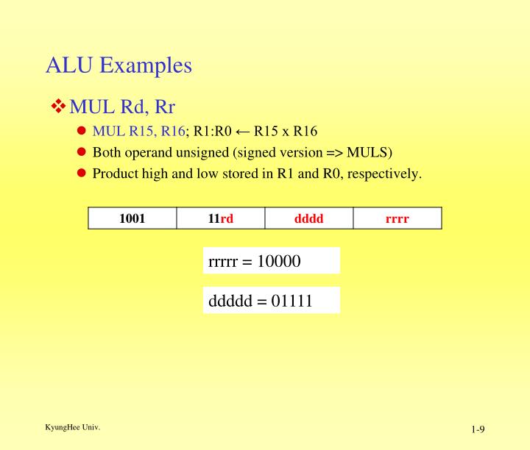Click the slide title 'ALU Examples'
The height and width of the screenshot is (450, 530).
(119, 65)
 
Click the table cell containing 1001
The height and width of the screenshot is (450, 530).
(132, 218)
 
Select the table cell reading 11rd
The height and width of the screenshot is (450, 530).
(221, 218)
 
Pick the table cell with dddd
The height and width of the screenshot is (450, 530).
(308, 218)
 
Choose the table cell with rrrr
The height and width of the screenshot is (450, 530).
(397, 218)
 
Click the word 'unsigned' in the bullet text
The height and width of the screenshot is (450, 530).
(195, 153)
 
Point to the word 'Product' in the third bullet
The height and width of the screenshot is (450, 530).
(114, 174)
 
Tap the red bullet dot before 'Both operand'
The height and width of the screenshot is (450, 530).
(82, 153)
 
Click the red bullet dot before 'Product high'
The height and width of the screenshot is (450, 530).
(82, 174)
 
